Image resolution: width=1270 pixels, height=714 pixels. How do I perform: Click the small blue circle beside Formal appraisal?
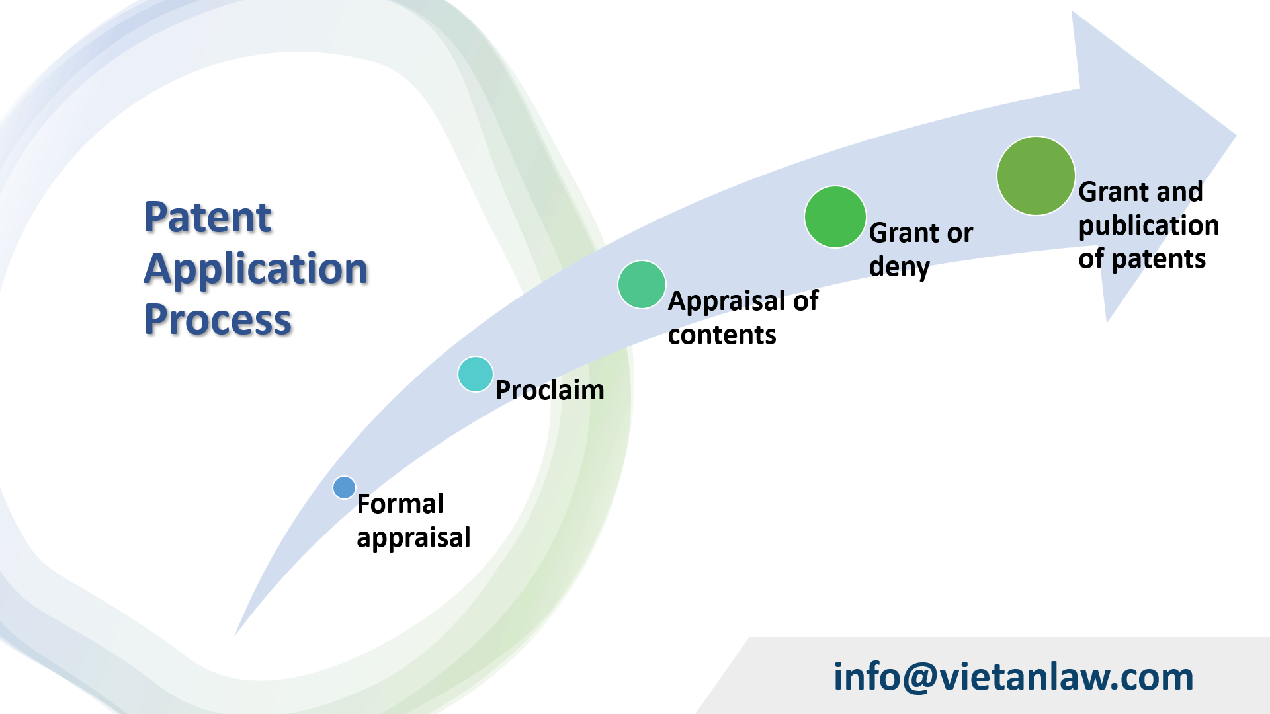tap(344, 488)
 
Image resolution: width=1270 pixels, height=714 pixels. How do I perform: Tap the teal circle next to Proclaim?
tap(475, 374)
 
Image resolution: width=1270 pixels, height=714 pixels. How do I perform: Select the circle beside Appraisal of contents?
tap(642, 284)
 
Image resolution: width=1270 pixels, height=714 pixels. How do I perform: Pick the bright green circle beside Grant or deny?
tap(835, 217)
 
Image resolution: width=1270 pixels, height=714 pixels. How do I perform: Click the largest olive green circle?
tap(1035, 176)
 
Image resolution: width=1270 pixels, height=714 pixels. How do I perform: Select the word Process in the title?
tap(218, 319)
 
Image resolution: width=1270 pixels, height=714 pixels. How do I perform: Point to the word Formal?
tap(400, 504)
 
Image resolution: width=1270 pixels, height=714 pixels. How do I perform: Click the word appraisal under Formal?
tap(413, 537)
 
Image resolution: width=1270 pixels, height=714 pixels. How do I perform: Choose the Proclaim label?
tap(550, 390)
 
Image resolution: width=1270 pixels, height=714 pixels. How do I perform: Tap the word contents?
tap(722, 335)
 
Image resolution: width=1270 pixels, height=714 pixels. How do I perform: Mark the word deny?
tap(899, 267)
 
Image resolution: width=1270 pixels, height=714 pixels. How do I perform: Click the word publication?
tap(1148, 226)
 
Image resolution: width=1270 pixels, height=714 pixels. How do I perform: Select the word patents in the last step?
tap(1158, 259)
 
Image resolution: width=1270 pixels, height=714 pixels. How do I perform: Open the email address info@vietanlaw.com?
tap(1013, 676)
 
